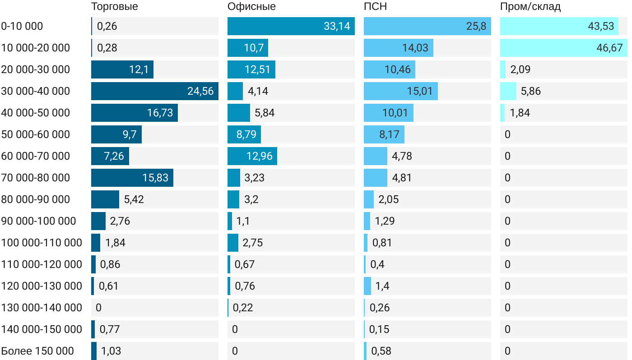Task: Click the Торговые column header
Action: pos(114,7)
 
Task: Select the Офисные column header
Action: pos(251,7)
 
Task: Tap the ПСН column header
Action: pos(376,7)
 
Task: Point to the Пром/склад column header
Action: pos(530,7)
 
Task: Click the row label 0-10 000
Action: pos(22,26)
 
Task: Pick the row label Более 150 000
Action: pos(37,351)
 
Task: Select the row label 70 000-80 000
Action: pos(36,178)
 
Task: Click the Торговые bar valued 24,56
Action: pos(155,91)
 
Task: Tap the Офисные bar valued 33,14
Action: pos(291,26)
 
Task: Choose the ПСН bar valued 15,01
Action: pos(401,91)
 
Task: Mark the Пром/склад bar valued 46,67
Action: pos(564,48)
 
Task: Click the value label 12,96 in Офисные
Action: pos(260,156)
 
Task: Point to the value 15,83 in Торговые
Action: pos(155,178)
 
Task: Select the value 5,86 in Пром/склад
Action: pos(530,91)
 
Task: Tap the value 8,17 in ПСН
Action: pos(389,134)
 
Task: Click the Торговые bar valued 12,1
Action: pos(122,69)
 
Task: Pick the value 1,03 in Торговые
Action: pos(111,351)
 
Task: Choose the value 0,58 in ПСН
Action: pos(381,351)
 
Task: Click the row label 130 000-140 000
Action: pos(42,308)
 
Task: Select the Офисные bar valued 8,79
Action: pos(244,134)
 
